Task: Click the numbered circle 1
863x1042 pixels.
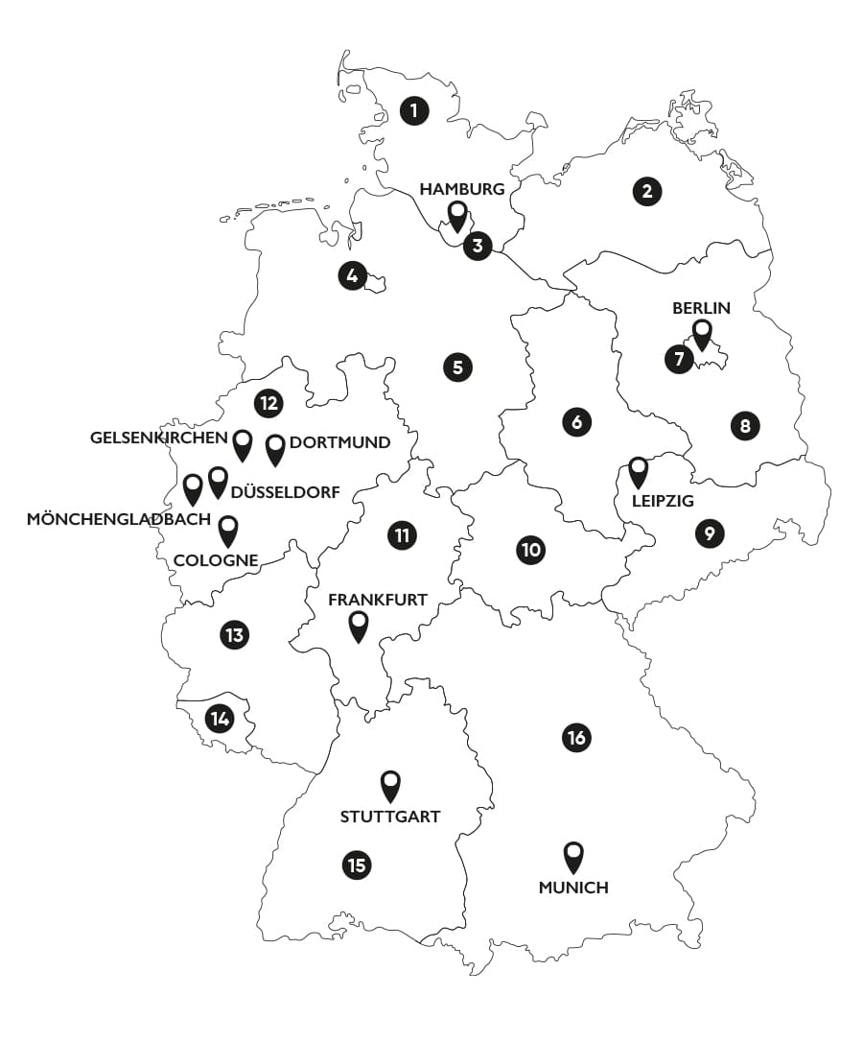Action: click(x=414, y=110)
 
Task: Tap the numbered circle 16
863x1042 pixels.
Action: click(x=576, y=738)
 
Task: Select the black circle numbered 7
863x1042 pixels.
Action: click(x=679, y=360)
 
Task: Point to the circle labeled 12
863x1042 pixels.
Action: click(x=268, y=403)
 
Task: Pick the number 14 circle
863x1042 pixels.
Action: click(x=220, y=718)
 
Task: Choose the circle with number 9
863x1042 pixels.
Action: click(x=709, y=533)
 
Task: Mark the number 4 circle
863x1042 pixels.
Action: click(x=352, y=276)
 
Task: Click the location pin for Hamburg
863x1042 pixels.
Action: click(x=458, y=215)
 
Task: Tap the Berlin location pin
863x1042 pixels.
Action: click(x=702, y=334)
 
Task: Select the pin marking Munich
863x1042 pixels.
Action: click(x=573, y=856)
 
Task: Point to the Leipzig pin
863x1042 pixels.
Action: click(x=639, y=471)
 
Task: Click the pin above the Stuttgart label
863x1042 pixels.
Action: click(x=390, y=785)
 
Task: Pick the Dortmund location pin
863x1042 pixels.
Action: click(x=275, y=448)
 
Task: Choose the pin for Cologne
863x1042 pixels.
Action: click(x=228, y=530)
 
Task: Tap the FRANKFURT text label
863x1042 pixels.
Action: click(x=378, y=600)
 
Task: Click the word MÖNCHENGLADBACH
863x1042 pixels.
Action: click(x=119, y=519)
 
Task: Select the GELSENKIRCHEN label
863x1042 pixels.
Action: click(x=159, y=438)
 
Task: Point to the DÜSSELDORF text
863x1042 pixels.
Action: click(x=286, y=492)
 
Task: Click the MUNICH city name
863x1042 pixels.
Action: click(x=573, y=888)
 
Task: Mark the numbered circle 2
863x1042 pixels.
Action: click(x=647, y=191)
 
